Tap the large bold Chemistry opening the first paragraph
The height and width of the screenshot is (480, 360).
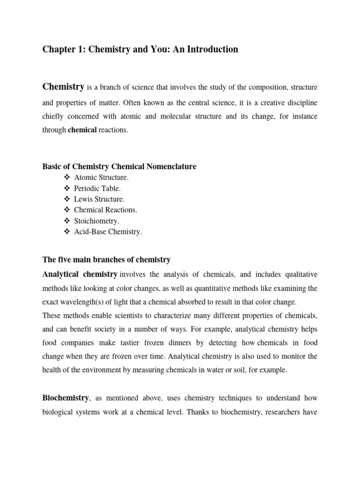[x=63, y=86]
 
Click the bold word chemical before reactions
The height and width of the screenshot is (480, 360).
[x=82, y=130]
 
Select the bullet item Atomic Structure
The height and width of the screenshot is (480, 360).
[x=101, y=177]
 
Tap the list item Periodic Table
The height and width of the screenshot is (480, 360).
[x=97, y=188]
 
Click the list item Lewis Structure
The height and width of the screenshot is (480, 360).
[x=99, y=199]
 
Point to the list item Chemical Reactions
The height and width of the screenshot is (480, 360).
[x=105, y=210]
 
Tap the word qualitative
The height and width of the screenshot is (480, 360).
[x=300, y=274]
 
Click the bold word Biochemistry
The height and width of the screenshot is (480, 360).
[x=66, y=398]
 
